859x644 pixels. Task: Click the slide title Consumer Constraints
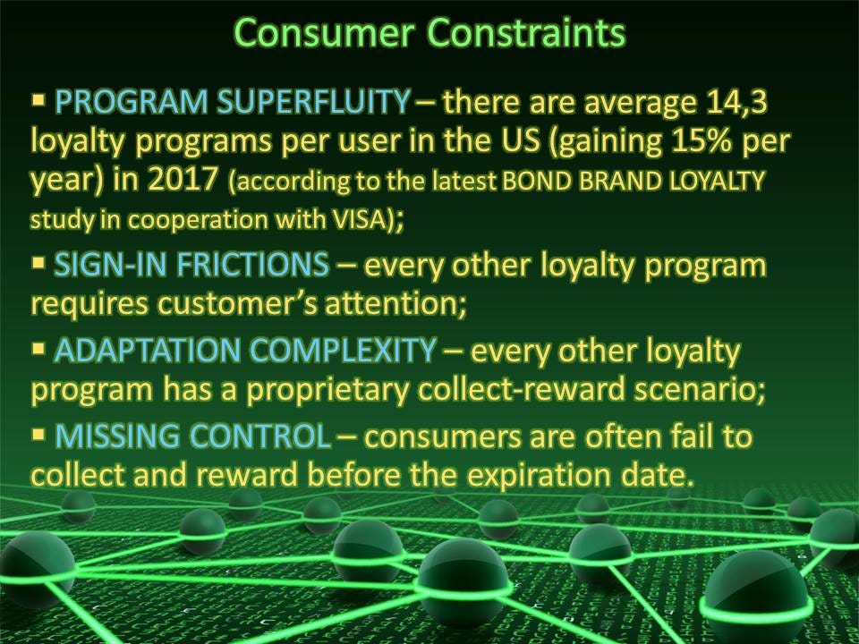coord(429,32)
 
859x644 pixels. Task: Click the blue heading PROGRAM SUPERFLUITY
coord(233,102)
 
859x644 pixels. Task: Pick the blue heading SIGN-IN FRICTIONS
coord(191,265)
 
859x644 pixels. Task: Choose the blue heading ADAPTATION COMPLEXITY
coord(245,351)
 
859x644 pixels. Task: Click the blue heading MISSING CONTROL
coord(193,436)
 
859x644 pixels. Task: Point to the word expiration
coord(539,475)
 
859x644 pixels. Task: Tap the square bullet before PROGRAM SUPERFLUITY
coord(38,100)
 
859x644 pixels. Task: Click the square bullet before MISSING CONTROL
coord(38,435)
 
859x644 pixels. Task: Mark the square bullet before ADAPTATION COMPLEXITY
coord(38,349)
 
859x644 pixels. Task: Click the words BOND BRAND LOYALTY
coord(633,180)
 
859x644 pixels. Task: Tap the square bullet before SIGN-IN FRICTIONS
coord(38,263)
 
